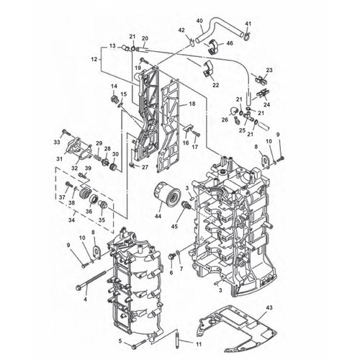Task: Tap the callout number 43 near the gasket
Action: point(269,307)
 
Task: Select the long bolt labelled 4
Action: point(91,279)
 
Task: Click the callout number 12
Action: point(94,59)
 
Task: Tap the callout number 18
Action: point(192,104)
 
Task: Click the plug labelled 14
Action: point(114,99)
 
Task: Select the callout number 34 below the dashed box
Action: point(71,220)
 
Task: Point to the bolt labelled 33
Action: point(65,132)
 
